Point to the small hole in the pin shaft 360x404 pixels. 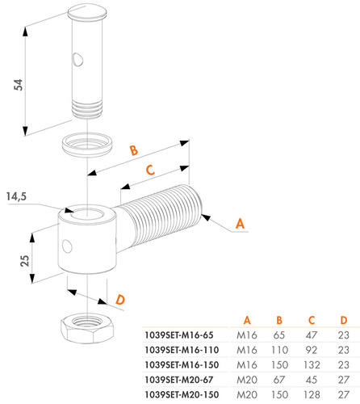click(x=76, y=58)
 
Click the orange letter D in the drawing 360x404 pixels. click(x=119, y=299)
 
